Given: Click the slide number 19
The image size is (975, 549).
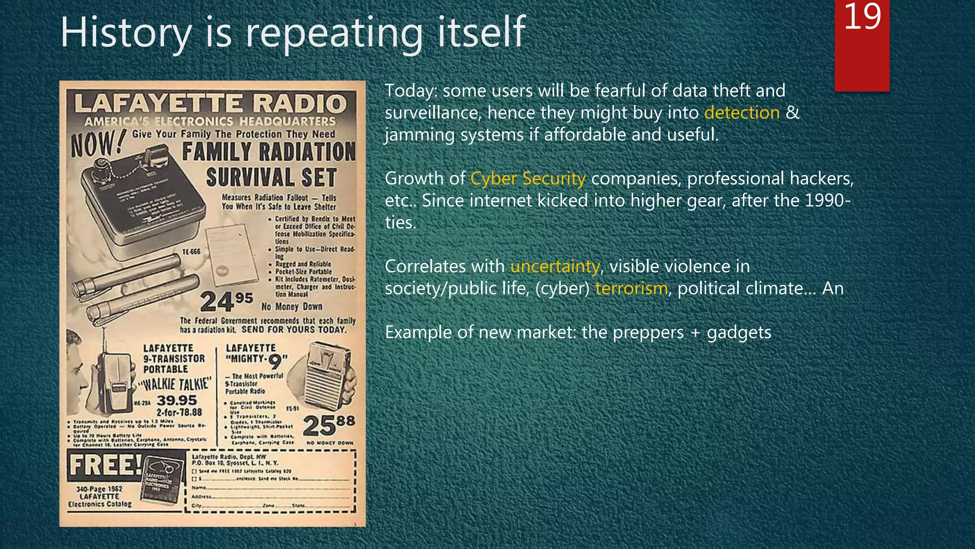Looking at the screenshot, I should point(862,17).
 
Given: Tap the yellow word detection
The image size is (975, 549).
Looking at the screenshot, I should point(742,113).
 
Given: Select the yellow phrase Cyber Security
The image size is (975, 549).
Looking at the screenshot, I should point(528,179).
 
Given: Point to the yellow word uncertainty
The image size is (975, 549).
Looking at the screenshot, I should point(555,266).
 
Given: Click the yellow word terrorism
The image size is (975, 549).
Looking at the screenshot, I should point(631,288).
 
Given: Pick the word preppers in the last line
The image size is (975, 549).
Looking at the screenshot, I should point(648,332).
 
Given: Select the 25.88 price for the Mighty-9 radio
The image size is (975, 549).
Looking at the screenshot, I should point(329,425).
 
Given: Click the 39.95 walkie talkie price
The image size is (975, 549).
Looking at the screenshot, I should point(177,400).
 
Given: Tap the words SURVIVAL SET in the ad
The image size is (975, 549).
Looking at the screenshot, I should point(271,178).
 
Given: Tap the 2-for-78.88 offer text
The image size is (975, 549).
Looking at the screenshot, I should point(179,412).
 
